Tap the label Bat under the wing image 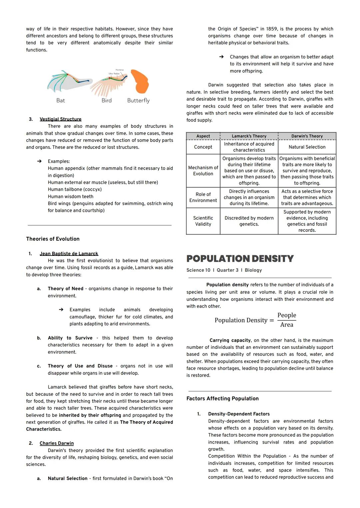tap(61, 100)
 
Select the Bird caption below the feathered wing tap(106, 100)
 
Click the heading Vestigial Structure tap(60, 119)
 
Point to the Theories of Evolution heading tap(53, 239)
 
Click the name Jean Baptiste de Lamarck tap(69, 254)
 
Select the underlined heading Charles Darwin tap(57, 443)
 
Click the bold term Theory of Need tap(65, 289)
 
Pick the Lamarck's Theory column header tap(249, 136)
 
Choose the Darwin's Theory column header tap(307, 136)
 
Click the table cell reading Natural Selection tap(307, 147)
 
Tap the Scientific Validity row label tap(203, 221)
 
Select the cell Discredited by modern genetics tap(249, 221)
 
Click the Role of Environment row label tap(203, 197)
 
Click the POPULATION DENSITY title tap(240, 259)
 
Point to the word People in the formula tap(287, 315)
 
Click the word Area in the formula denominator tap(287, 325)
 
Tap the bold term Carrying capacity tap(230, 340)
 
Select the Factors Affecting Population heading tap(222, 399)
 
